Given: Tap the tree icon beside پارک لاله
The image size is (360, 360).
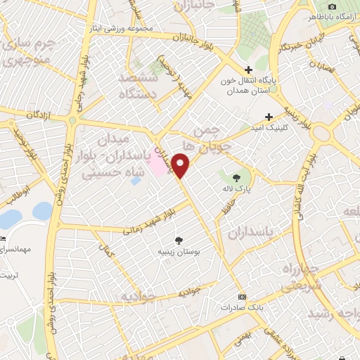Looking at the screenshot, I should [236, 176].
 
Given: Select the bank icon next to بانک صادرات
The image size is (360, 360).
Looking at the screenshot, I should [243, 297].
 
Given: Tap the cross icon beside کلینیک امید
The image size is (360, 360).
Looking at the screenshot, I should [267, 117].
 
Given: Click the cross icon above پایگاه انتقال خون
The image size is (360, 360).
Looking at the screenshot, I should [248, 70].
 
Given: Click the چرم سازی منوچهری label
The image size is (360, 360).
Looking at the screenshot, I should [25, 53].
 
